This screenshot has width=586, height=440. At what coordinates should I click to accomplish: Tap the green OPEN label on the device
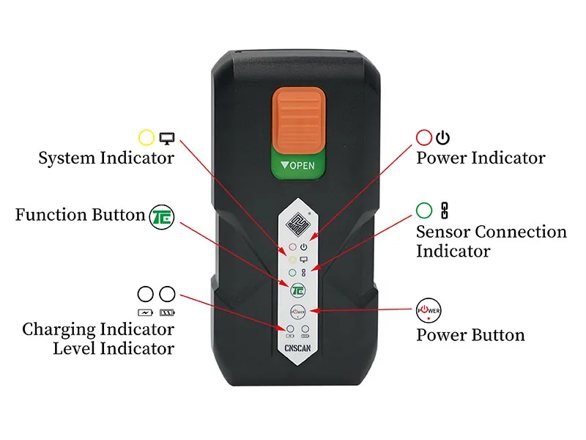click(298, 165)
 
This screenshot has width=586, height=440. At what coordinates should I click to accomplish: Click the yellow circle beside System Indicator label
click(146, 137)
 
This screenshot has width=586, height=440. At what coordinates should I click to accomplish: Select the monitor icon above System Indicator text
click(167, 138)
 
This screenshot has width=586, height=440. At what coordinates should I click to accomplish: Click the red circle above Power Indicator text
click(424, 137)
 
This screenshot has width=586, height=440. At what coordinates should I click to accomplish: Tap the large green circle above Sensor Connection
click(424, 210)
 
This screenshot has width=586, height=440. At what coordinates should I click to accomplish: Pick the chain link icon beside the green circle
click(445, 210)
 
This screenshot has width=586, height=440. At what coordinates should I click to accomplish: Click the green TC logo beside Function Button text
click(162, 217)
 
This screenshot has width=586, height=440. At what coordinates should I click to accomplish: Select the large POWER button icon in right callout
click(429, 310)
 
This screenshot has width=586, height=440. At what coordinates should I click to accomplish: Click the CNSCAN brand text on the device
click(297, 348)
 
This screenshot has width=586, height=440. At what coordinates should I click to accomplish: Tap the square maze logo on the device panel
click(298, 224)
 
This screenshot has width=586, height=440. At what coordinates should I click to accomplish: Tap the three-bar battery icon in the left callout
click(167, 312)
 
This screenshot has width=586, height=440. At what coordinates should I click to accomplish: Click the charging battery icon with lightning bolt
click(145, 312)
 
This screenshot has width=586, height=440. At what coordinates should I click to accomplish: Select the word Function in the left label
click(51, 215)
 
